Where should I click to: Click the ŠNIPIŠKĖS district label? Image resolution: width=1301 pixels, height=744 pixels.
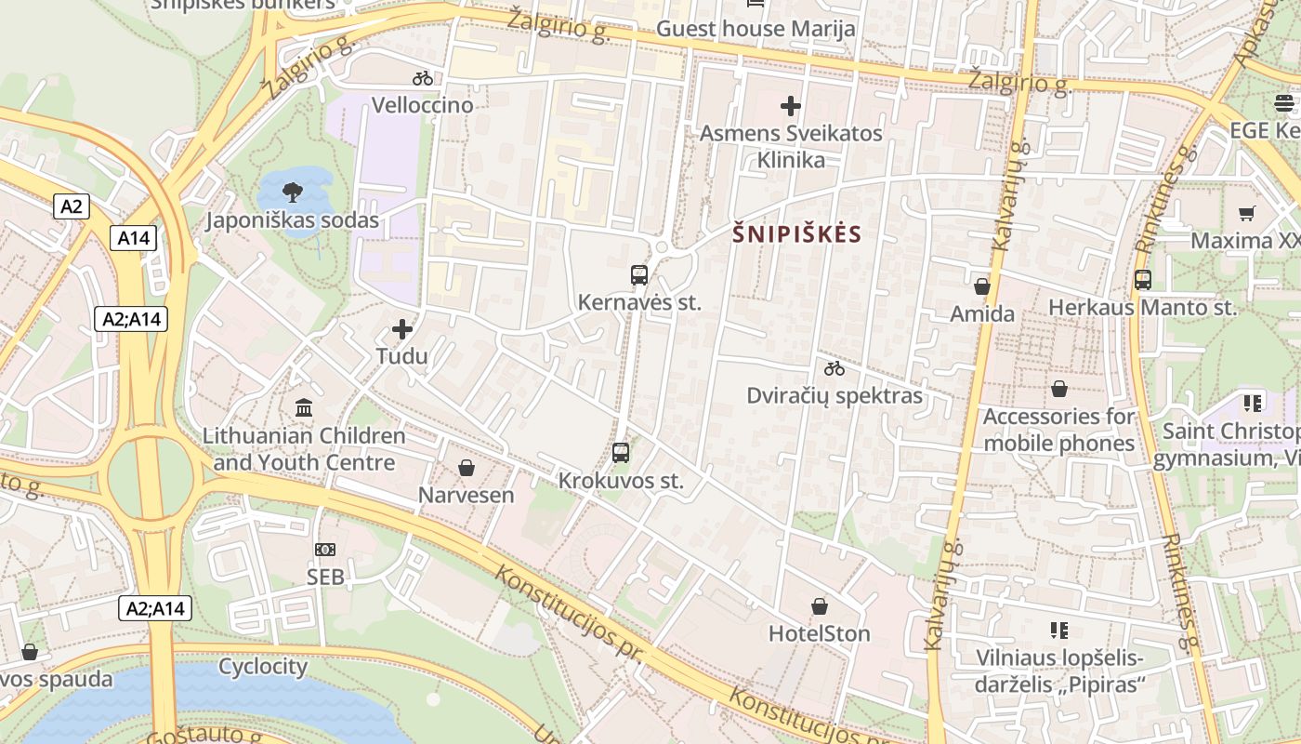coord(797,234)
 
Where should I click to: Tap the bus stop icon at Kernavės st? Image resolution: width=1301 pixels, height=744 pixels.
coord(639,275)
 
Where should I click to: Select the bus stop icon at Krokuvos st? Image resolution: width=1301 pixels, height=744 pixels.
coord(621,453)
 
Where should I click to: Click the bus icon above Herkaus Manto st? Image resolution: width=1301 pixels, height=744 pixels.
coord(1143,279)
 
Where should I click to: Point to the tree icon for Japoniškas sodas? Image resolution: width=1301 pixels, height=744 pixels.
coord(292,193)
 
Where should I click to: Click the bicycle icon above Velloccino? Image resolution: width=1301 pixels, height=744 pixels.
coord(423,78)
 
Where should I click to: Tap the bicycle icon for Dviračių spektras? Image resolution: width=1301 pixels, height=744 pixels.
coord(834,368)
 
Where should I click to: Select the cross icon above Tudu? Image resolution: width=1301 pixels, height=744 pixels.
coord(402,329)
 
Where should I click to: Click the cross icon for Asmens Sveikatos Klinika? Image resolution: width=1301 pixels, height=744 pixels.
coord(791,106)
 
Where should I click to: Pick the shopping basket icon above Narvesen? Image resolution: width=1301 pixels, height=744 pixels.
coord(467,468)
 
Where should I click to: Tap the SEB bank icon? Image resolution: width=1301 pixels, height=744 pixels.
coord(325,550)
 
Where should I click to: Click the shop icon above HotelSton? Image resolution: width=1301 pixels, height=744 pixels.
coord(820,607)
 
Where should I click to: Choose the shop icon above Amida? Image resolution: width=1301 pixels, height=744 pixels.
coord(982,286)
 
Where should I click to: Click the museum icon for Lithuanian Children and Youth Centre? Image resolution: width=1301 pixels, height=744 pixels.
coord(304,407)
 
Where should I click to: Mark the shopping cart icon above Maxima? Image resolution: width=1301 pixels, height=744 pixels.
coord(1247,213)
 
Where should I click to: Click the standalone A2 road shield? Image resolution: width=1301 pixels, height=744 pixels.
coord(72,206)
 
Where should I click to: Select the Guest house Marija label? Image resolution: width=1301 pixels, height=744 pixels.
coord(756,29)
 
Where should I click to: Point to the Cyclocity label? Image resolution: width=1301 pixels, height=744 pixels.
coord(263,667)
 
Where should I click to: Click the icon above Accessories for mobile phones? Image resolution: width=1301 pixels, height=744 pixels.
coord(1059,389)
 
